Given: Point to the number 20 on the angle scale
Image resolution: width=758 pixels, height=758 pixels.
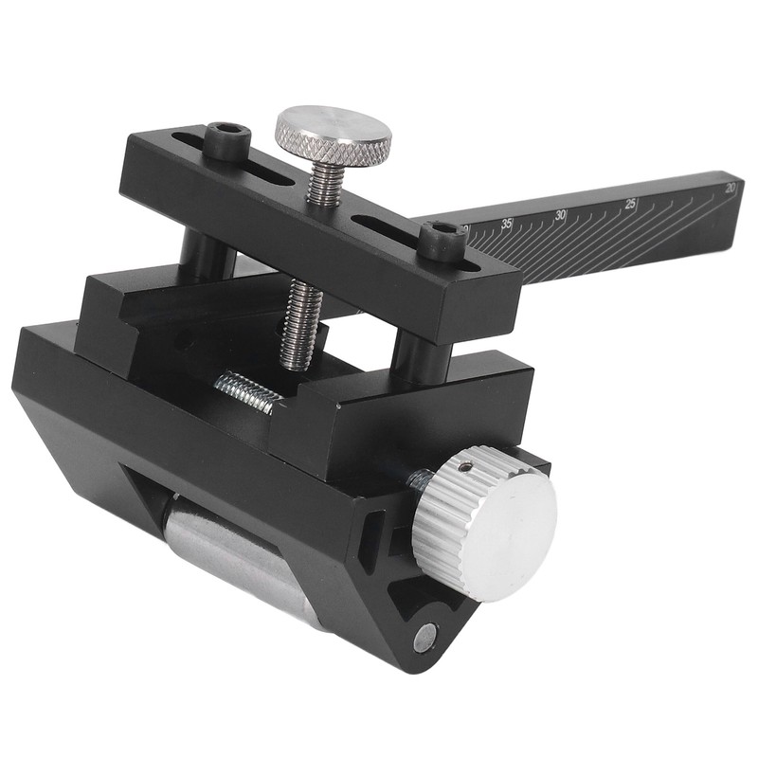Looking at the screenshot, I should (x=729, y=189).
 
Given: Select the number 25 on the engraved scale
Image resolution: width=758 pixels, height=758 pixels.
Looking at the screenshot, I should (x=631, y=204).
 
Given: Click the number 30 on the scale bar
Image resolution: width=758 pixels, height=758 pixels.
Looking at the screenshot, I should (x=560, y=215).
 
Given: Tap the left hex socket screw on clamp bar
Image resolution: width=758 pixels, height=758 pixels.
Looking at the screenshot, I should (x=227, y=139).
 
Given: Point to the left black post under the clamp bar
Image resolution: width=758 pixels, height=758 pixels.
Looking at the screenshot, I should (x=208, y=251).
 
